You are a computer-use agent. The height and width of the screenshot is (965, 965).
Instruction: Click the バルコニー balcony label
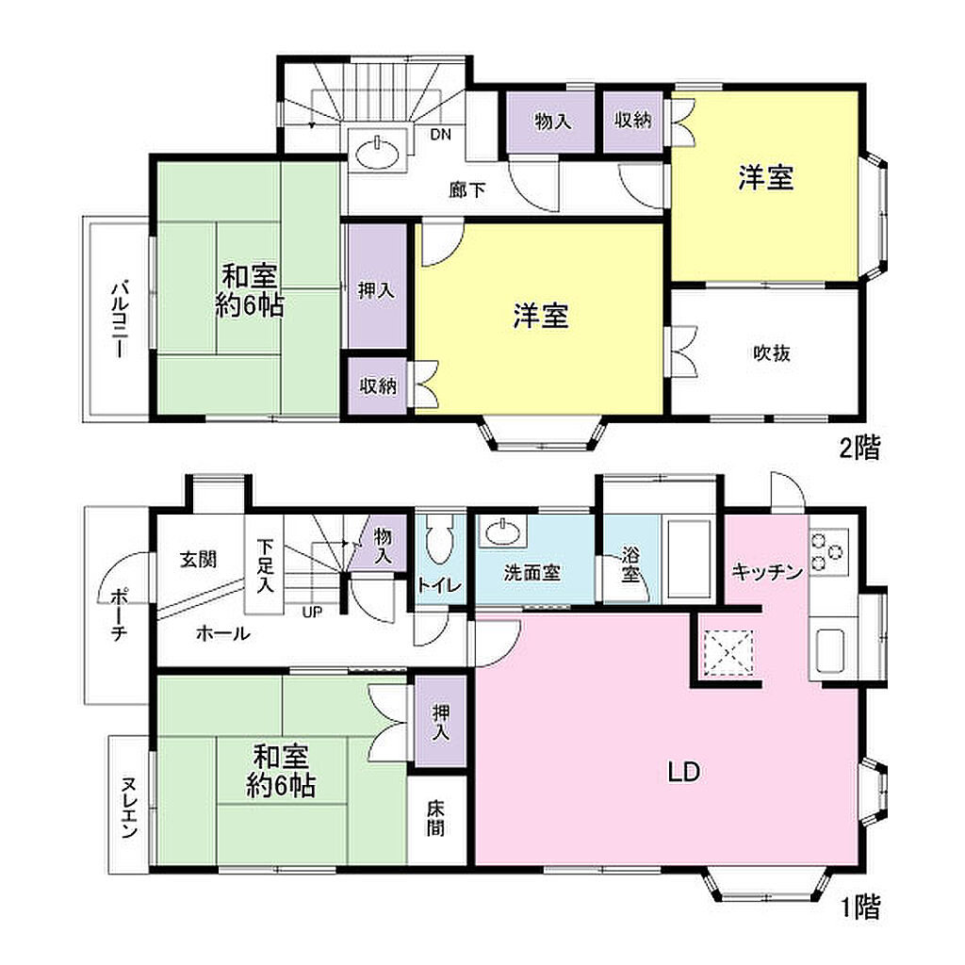(x=120, y=319)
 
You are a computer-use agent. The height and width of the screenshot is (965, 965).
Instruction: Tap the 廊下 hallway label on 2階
(x=467, y=190)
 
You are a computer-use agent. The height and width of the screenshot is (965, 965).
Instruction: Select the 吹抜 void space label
(x=772, y=353)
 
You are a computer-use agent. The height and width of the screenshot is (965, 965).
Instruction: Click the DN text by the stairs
(x=441, y=134)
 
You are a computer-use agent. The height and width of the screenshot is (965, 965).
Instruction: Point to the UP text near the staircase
(x=312, y=613)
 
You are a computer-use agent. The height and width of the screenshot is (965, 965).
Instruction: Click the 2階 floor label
(x=859, y=448)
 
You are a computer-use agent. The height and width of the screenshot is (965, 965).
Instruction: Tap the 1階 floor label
(x=861, y=908)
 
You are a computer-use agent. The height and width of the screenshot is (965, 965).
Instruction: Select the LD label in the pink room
(x=684, y=772)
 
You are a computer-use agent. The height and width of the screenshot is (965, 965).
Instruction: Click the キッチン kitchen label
(x=767, y=572)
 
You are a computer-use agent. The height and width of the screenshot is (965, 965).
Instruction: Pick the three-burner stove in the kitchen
(x=829, y=552)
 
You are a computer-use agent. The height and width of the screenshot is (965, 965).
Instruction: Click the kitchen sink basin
(x=831, y=651)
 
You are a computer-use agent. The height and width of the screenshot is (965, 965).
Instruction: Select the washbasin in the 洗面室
(x=502, y=532)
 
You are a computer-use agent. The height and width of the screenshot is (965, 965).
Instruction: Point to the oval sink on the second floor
(x=377, y=152)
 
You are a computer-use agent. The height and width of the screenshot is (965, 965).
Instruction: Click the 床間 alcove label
(x=435, y=819)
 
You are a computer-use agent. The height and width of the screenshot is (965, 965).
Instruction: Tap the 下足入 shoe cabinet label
(x=265, y=565)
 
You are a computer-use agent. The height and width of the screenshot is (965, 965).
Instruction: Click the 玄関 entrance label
(x=198, y=560)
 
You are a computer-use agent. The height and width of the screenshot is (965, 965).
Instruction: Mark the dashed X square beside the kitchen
(x=728, y=652)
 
